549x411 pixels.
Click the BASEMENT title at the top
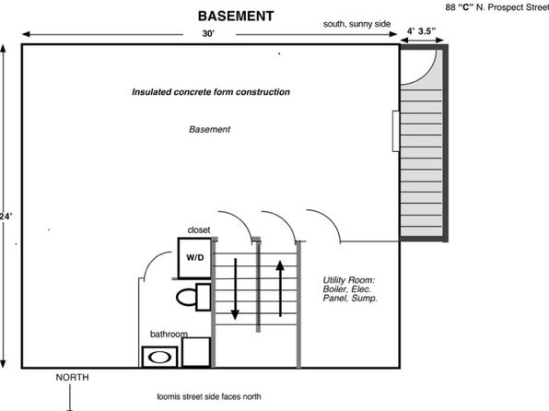click(236, 16)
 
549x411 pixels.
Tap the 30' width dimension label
click(208, 34)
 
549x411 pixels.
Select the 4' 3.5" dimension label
click(421, 31)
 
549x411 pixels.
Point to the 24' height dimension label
click(6, 217)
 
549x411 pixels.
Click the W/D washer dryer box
click(194, 258)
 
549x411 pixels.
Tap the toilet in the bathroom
click(193, 297)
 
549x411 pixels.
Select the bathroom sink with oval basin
click(159, 357)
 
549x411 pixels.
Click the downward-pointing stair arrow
click(235, 289)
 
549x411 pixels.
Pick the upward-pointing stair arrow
click(280, 288)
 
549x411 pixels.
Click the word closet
click(199, 229)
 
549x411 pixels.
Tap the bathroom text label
click(169, 334)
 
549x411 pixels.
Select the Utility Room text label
click(350, 289)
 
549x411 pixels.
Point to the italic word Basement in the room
click(209, 129)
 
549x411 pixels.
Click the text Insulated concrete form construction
click(211, 92)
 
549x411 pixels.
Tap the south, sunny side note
click(356, 24)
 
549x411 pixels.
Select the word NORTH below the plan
click(73, 377)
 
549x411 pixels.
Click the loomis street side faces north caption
click(209, 396)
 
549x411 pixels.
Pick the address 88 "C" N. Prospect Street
click(497, 7)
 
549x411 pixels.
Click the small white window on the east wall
click(396, 132)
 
